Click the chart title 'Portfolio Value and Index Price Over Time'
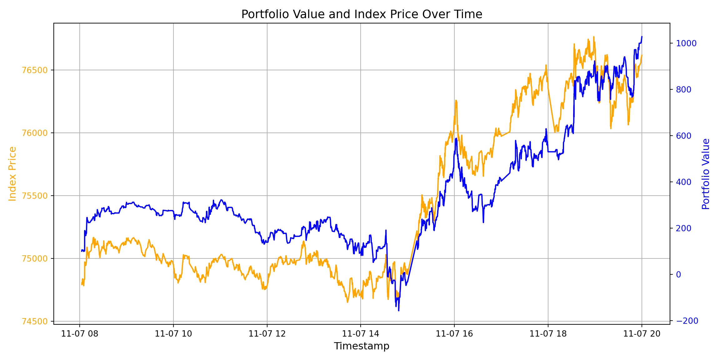[362, 14]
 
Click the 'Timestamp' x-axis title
[362, 346]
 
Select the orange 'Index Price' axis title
[12, 174]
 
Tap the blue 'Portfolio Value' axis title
[706, 174]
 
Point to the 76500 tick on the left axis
[35, 70]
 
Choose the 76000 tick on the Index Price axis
[35, 133]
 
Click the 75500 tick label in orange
[35, 196]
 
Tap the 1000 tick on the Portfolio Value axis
[686, 43]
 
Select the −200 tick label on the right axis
[687, 321]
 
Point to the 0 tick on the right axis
[679, 275]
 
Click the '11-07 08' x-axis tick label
[80, 334]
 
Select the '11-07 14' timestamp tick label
[361, 334]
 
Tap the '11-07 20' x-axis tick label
[642, 334]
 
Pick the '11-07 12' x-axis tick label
[267, 334]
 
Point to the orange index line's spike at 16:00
[456, 101]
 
